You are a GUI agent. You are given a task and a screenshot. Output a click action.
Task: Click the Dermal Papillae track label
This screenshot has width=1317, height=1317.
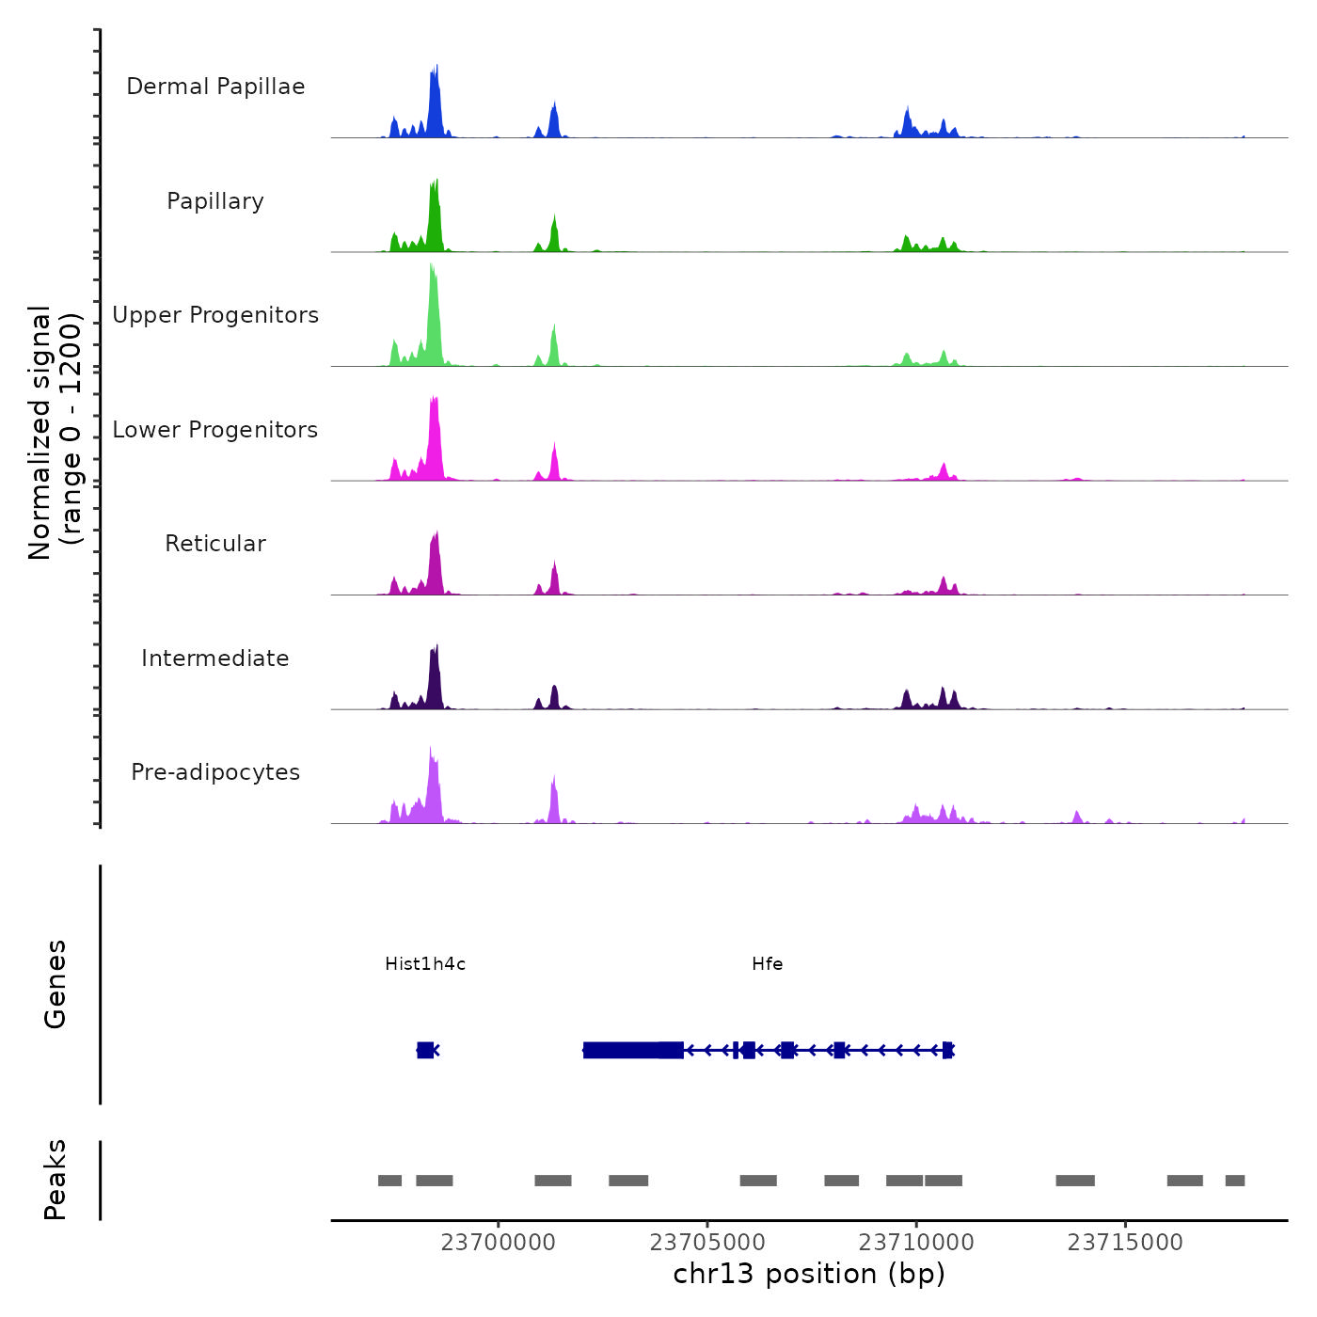point(215,87)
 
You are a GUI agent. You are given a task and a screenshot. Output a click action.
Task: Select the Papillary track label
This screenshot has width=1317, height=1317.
point(215,201)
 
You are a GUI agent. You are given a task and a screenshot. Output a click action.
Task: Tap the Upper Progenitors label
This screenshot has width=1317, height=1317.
point(215,315)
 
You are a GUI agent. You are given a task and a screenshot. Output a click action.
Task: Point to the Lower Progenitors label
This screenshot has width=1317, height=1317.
point(215,430)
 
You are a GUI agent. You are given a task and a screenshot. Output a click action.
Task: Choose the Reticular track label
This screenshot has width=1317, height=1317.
point(215,544)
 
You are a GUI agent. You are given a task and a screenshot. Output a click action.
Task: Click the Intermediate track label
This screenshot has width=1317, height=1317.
point(215,658)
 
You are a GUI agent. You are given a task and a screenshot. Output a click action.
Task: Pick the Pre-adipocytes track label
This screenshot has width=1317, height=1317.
point(215,772)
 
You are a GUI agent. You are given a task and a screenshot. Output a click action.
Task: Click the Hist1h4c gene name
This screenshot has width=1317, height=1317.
point(425,963)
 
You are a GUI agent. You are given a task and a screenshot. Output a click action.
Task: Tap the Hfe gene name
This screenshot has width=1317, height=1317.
point(767,963)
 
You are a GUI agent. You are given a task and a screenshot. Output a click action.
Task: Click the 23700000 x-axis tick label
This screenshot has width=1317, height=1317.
point(499,1242)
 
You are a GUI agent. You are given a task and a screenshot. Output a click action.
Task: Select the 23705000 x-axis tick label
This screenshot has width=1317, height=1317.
point(707,1242)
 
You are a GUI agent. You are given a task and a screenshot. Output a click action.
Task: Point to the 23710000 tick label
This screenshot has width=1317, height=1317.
point(916,1242)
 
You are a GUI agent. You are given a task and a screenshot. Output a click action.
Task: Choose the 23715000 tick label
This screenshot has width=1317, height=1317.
point(1125,1242)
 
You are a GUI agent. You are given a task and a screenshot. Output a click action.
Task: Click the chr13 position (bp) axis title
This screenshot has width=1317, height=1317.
point(809,1274)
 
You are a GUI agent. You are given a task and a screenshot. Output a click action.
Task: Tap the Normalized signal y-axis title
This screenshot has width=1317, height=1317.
point(55,433)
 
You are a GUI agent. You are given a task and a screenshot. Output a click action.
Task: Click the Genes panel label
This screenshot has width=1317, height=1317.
point(55,984)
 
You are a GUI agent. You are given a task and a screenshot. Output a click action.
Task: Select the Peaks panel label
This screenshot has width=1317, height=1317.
point(55,1180)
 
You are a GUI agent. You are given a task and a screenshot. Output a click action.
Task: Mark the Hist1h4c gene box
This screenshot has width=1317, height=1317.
point(425,1050)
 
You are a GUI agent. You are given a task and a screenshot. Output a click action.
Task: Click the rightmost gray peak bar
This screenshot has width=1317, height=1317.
point(1234,1181)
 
